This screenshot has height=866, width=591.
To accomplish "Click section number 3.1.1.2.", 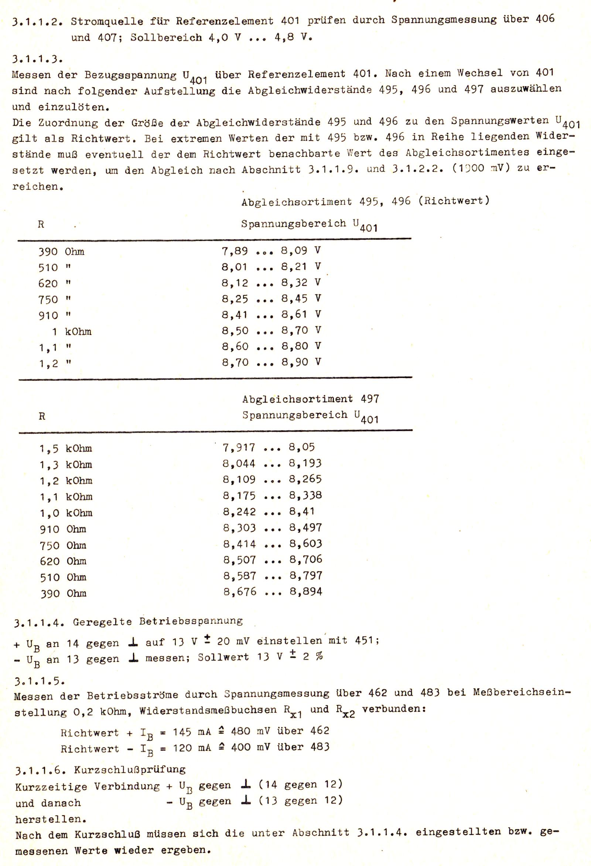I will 37,22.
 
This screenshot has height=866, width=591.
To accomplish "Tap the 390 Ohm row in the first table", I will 61,252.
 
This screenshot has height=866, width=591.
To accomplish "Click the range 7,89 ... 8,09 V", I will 271,251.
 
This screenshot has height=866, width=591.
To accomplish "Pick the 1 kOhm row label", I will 71,331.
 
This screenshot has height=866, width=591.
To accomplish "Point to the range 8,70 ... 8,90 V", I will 271,362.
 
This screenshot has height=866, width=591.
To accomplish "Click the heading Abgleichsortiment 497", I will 310,399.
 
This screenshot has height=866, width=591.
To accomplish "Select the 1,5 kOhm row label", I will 66,448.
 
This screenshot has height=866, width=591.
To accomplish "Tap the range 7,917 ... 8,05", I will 269,447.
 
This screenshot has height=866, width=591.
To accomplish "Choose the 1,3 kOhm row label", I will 66,465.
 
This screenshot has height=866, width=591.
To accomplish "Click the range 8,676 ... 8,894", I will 273,592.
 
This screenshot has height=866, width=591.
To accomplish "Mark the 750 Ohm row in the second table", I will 63,546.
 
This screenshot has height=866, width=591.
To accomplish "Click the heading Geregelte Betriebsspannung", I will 157,621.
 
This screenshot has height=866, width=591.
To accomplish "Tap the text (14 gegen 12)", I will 301,785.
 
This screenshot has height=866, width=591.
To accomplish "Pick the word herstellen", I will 51,819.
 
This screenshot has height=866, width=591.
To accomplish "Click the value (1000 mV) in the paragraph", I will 481,168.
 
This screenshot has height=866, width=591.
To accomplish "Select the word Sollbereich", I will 166,38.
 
